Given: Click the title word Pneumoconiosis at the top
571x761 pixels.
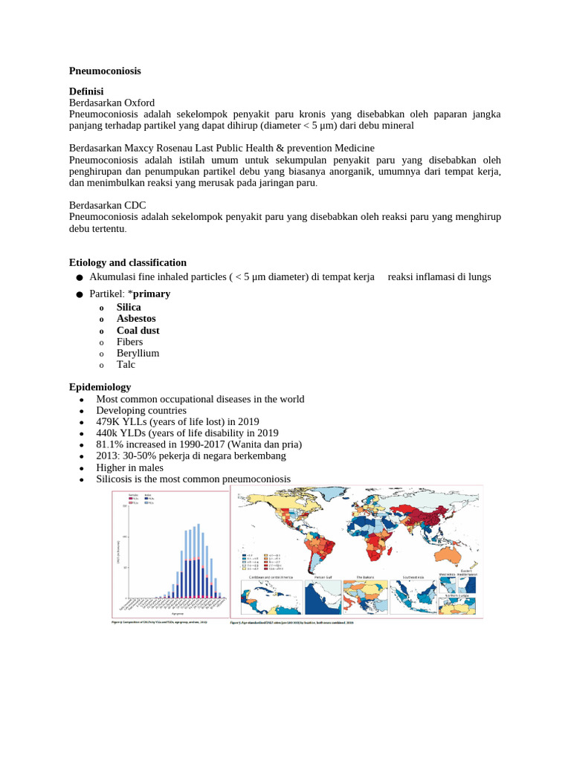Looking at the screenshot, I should click(105, 71).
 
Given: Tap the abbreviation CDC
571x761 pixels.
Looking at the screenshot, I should click(135, 205).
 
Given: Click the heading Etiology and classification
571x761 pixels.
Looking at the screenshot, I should click(128, 262).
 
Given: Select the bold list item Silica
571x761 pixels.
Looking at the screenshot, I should click(129, 307).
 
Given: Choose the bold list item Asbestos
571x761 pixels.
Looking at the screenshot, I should click(136, 319).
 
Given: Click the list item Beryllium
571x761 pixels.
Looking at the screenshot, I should click(138, 353).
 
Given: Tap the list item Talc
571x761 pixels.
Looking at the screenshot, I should click(126, 365).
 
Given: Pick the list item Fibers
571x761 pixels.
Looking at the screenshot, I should click(129, 342).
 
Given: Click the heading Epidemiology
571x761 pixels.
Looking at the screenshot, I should click(100, 387).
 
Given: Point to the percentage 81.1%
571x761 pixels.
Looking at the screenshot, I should click(109, 444).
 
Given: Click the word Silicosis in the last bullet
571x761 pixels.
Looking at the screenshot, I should click(115, 479).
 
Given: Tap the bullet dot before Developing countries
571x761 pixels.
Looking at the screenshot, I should click(80, 411).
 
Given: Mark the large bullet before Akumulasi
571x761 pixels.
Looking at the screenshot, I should click(79, 277).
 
